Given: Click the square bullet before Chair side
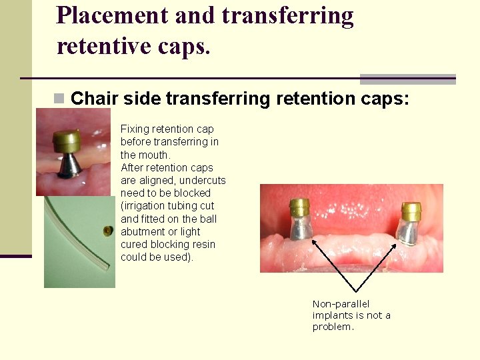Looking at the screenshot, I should (x=59, y=99).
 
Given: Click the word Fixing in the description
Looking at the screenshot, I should (x=135, y=129).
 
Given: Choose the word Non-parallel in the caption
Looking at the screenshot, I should (x=341, y=304).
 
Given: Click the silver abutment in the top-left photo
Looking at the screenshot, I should (x=68, y=164).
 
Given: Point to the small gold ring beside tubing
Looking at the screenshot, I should (x=107, y=231).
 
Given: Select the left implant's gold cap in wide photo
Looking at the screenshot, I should (x=299, y=206).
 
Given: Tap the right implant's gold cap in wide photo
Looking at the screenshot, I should (x=411, y=211).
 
